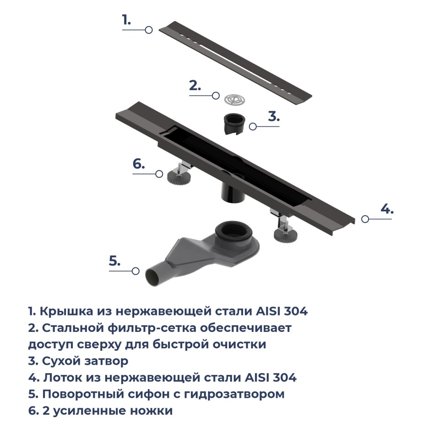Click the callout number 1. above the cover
click(126, 20)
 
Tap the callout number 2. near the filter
click(195, 86)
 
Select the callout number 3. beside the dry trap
click(274, 116)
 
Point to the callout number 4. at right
click(387, 209)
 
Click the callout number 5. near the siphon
click(114, 261)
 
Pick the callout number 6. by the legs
click(139, 164)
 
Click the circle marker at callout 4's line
click(365, 219)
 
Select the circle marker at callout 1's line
click(148, 30)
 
